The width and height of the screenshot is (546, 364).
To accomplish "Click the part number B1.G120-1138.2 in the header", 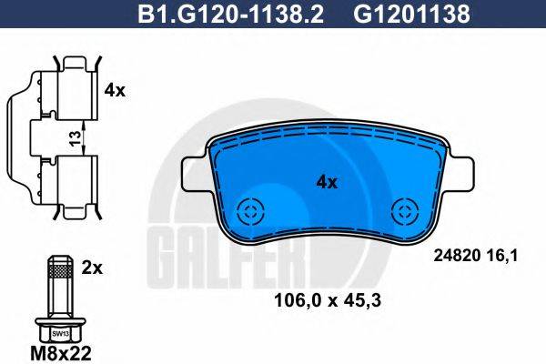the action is (x=231, y=14).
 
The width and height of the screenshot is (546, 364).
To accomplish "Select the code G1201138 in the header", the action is (x=411, y=14).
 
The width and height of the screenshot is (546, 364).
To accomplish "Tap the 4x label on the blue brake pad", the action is (x=327, y=182).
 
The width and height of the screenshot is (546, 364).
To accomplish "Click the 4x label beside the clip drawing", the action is (x=115, y=90).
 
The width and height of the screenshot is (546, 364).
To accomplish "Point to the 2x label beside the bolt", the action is (x=92, y=268).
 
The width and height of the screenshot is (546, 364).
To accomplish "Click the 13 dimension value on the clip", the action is (x=76, y=138).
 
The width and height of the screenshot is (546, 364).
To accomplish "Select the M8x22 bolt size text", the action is (x=61, y=353).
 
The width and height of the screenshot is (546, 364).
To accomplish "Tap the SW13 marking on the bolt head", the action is (x=61, y=334).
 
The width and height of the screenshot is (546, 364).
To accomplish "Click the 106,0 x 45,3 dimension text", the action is (x=328, y=300).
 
